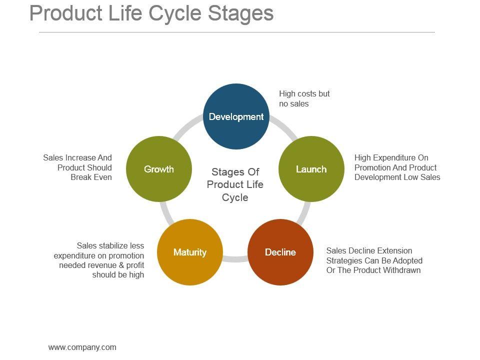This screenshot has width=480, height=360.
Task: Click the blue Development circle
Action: [x=236, y=116]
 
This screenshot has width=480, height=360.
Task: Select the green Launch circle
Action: [x=311, y=169]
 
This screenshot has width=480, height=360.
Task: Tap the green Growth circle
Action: [x=159, y=169]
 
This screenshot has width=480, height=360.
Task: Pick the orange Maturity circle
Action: [x=189, y=252]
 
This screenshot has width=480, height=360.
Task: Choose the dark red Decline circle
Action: [x=280, y=252]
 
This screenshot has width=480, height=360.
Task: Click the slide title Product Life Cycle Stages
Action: [x=151, y=13]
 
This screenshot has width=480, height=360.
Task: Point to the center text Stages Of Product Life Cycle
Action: [x=235, y=184]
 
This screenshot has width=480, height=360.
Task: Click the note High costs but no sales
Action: [x=304, y=98]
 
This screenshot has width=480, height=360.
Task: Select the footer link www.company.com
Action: [x=82, y=347]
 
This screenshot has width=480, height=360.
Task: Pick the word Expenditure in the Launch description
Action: [x=397, y=157]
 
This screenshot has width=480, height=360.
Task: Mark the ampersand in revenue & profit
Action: [x=120, y=265]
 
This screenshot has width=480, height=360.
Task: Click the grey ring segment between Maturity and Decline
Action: [x=235, y=258]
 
